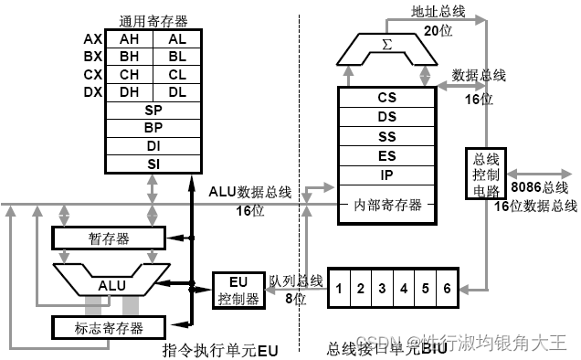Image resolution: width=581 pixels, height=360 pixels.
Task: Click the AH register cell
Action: (129, 39)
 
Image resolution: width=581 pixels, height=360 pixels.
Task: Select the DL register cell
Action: (175, 91)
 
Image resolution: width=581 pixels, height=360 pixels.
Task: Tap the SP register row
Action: (152, 110)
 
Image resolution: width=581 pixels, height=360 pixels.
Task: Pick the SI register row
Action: (152, 163)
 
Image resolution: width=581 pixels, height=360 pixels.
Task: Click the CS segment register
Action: (386, 97)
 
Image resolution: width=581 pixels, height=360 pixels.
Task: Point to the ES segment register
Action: (386, 156)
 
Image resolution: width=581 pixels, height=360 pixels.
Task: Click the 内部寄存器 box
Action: (386, 205)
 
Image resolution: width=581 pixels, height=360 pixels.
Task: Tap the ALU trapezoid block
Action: (111, 283)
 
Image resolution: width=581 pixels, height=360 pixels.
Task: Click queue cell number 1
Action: (339, 289)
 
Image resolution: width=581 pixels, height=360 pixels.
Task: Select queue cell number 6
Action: (447, 289)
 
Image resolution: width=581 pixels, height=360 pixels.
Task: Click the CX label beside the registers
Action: (92, 74)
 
